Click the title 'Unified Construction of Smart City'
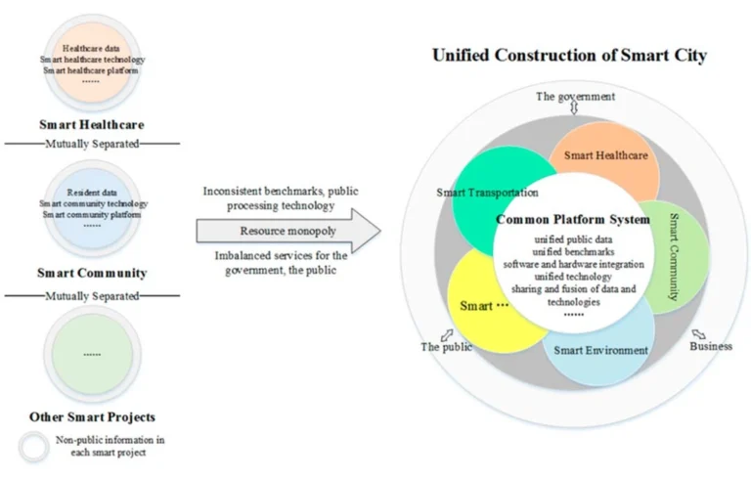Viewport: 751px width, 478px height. click(570, 56)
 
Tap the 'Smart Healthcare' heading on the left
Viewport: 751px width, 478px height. click(92, 125)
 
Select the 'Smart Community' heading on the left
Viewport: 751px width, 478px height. click(92, 273)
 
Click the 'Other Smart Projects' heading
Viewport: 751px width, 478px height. click(92, 417)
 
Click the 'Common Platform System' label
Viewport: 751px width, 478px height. click(572, 220)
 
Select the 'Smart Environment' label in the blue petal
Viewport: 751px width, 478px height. click(600, 350)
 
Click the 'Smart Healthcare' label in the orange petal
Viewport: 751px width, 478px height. click(605, 155)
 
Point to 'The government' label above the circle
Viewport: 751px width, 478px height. click(575, 96)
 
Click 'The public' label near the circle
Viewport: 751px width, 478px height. click(446, 346)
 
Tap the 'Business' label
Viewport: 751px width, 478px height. click(711, 346)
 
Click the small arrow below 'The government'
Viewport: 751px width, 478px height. click(574, 109)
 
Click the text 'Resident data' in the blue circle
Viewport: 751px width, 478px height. click(91, 193)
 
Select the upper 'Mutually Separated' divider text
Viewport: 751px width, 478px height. click(92, 144)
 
